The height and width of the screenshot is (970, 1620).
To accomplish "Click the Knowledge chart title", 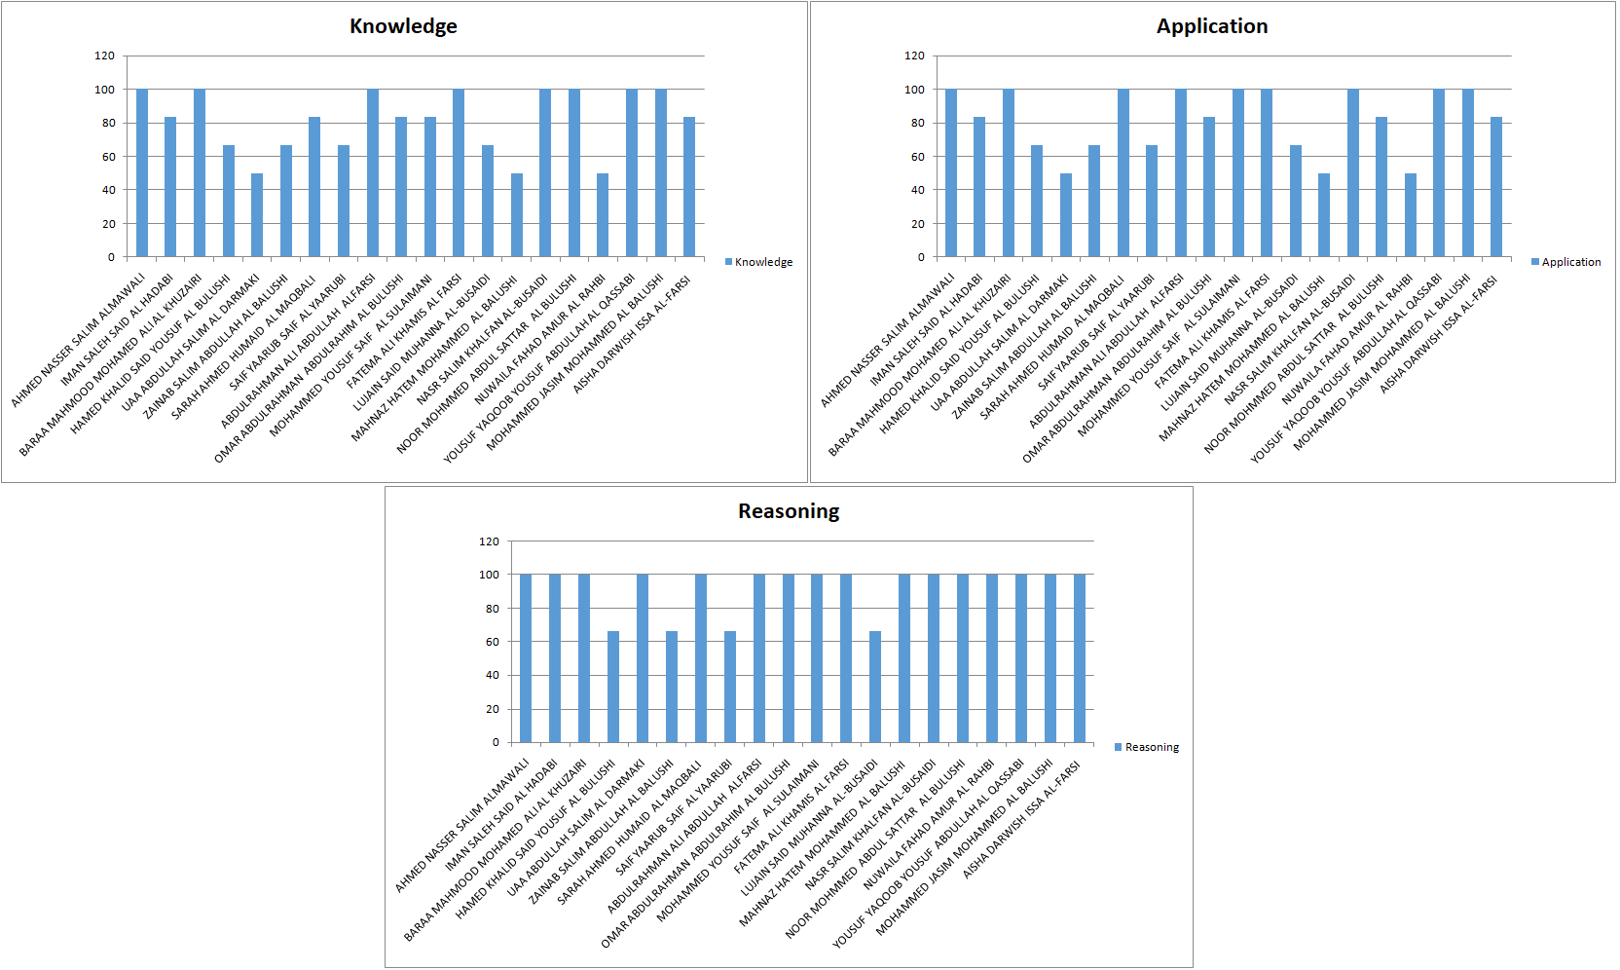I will (403, 26).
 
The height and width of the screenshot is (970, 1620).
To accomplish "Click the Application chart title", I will (1212, 26).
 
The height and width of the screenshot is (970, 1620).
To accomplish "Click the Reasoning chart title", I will (789, 511).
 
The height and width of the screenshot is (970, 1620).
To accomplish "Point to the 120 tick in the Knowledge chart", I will (104, 56).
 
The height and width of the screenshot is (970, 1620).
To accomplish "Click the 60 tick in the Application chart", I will (917, 157).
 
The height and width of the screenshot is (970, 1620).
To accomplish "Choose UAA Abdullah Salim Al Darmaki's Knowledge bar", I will (257, 215).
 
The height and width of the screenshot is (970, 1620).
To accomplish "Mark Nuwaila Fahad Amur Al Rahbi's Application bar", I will (1410, 215).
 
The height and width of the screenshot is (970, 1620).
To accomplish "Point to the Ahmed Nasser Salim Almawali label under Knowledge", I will (79, 340).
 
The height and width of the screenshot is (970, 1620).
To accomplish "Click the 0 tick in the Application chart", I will (921, 257).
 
